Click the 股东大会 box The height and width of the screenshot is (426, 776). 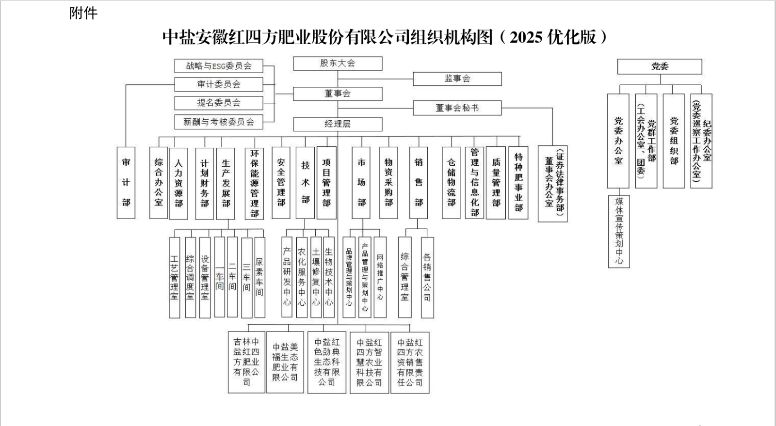click(338, 63)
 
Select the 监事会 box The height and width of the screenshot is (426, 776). click(457, 79)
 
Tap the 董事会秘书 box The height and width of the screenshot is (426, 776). click(457, 108)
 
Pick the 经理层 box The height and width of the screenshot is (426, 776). click(338, 124)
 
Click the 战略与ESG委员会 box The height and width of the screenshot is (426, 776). click(219, 66)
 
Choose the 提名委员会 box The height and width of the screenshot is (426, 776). click(219, 103)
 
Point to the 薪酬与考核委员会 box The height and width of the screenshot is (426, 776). click(219, 122)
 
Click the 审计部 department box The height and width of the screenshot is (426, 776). click(126, 183)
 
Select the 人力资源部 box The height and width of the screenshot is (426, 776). click(178, 183)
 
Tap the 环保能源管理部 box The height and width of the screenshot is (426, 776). click(254, 183)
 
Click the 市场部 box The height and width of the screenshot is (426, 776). click(361, 183)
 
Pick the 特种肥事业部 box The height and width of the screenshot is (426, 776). click(518, 183)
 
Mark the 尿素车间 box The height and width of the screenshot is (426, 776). click(259, 277)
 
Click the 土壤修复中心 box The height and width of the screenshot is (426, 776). click(316, 277)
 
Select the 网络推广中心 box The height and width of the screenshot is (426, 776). click(380, 277)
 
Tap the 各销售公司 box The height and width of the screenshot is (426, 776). click(427, 277)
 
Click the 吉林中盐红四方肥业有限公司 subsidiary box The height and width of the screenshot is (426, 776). click(246, 362)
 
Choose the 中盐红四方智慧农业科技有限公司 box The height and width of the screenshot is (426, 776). click(369, 362)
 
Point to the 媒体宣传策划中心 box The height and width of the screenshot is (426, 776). click(619, 231)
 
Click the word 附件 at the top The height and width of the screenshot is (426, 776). click(83, 13)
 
